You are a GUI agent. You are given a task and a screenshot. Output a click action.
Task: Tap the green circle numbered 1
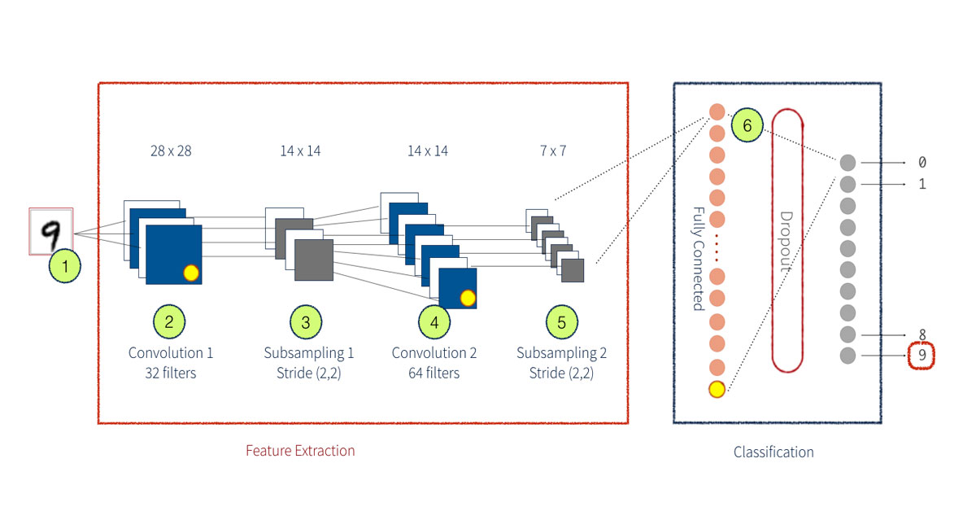point(65,265)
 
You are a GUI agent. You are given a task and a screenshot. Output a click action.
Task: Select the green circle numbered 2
point(169,322)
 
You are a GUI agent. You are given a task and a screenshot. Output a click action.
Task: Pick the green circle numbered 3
point(306,322)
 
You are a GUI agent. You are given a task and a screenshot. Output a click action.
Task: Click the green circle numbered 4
point(434,322)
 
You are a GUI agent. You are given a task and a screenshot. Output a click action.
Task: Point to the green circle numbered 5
point(561,322)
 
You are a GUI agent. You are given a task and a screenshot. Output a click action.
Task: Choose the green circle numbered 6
point(747,125)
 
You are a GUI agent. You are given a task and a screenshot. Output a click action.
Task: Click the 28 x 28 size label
point(171,151)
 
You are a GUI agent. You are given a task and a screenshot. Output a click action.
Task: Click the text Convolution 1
point(171,353)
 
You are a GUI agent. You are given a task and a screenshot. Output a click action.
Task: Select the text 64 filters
point(434,373)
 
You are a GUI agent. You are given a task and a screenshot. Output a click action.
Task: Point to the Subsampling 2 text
point(561,353)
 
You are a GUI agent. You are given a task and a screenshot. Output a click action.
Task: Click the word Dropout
point(786,242)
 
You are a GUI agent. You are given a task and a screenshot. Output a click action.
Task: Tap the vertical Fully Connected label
point(698,258)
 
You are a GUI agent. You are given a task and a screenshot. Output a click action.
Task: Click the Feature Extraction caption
point(300,451)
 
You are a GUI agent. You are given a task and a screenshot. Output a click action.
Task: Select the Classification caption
point(773,452)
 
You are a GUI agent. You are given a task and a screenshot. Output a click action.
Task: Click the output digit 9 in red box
point(922,355)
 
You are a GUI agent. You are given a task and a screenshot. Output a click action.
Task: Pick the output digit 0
point(922,163)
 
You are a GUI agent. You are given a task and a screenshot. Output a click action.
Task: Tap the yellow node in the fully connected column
point(717,390)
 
